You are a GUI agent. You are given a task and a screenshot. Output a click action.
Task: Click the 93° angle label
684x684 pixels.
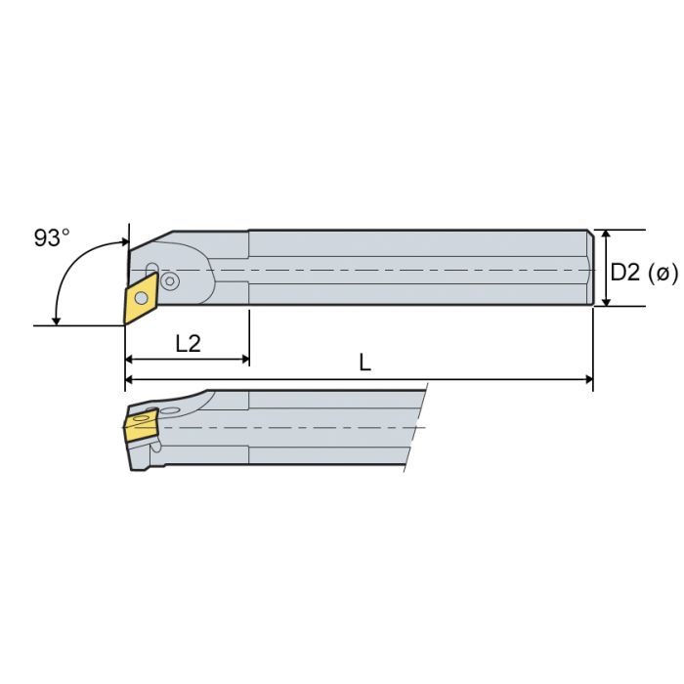52,237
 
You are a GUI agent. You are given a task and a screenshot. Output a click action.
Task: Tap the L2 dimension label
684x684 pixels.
190,342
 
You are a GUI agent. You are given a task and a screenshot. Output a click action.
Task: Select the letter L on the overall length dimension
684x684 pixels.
364,363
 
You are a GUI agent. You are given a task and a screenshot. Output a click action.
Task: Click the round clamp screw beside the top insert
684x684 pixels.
171,281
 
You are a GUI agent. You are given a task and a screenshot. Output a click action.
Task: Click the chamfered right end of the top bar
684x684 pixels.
591,268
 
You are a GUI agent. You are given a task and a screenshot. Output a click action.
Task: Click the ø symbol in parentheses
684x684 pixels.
663,273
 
